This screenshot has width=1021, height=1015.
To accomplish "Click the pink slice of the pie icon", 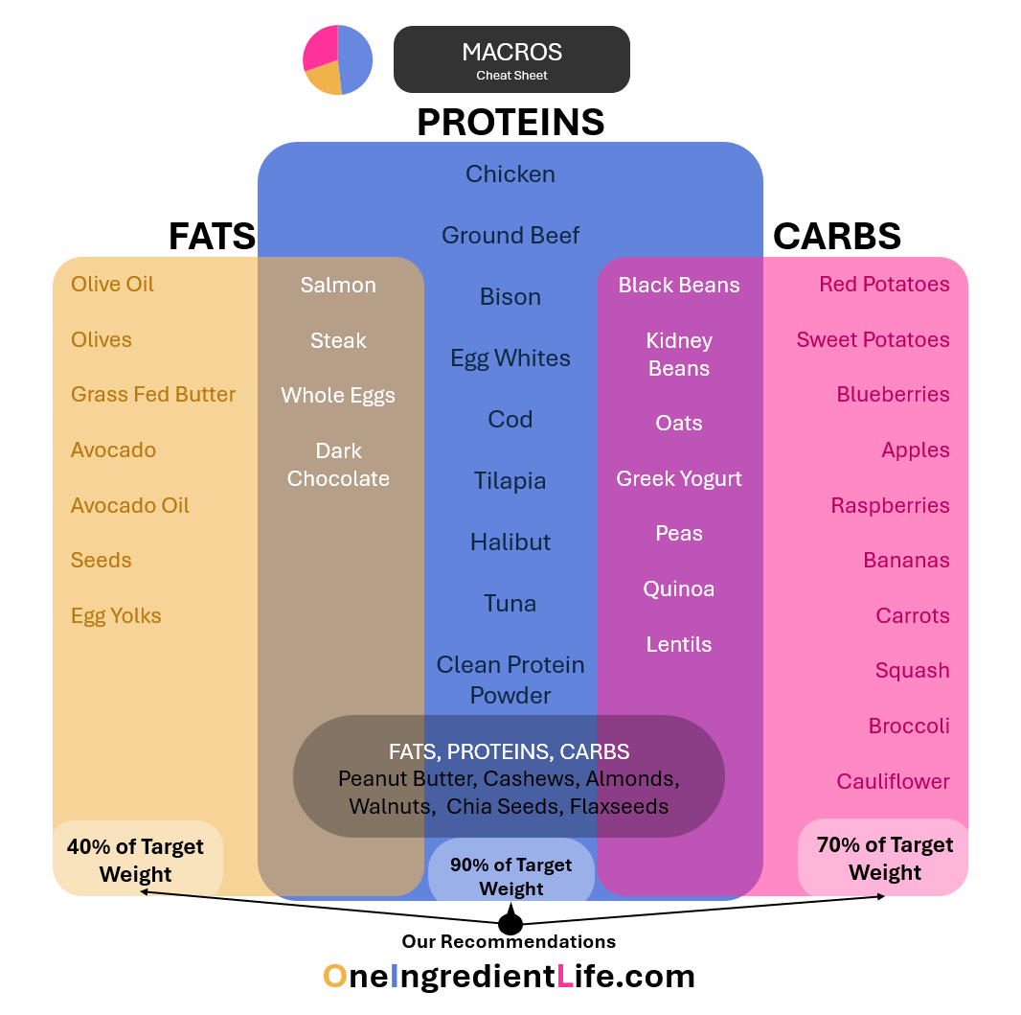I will [319, 48].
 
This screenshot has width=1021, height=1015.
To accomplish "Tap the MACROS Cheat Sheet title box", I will [511, 59].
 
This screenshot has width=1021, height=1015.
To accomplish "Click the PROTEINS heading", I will [510, 122].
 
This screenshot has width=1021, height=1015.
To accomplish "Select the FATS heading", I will [212, 236].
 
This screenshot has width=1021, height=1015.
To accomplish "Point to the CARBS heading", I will [836, 236].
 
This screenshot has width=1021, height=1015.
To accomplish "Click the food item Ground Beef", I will [510, 235].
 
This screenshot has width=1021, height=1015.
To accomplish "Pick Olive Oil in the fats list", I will [112, 284].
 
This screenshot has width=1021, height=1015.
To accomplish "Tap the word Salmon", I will [338, 285].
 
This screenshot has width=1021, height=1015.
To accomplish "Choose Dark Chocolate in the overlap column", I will [338, 464].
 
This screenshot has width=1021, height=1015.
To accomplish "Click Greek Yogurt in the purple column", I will [679, 478].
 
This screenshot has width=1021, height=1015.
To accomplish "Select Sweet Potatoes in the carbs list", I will [873, 339].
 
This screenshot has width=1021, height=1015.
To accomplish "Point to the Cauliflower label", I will [893, 781].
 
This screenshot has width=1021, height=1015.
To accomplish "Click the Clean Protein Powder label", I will [510, 680].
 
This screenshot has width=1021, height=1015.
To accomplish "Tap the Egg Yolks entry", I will [116, 615].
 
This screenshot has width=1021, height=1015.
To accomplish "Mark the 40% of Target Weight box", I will [137, 859].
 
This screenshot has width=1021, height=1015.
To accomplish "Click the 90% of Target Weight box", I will [510, 876].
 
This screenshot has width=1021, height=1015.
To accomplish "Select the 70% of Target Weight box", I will [883, 858].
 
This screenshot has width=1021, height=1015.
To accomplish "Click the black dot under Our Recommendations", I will [510, 924].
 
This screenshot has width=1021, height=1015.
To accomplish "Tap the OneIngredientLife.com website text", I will [509, 976].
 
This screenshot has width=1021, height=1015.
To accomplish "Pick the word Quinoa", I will [679, 588].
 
